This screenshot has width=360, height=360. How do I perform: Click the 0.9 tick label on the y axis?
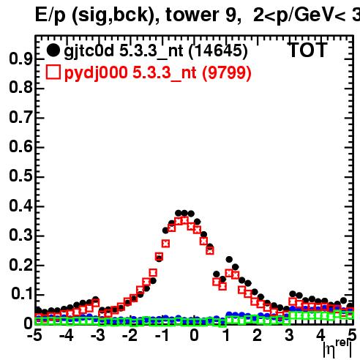(20, 59)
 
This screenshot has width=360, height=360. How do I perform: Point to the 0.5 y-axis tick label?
(20, 176)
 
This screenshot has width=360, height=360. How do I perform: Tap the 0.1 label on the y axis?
(22, 293)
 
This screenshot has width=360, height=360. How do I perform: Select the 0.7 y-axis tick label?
(20, 117)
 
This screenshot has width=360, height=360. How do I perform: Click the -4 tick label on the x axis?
(66, 335)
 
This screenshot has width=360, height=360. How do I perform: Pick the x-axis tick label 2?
(257, 335)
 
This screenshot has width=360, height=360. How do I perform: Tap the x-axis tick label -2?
(129, 335)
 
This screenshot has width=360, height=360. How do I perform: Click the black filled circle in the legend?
(53, 50)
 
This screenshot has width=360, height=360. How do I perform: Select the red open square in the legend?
(53, 72)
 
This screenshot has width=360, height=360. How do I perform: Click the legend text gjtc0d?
(89, 51)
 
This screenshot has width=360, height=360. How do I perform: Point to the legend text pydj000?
(96, 73)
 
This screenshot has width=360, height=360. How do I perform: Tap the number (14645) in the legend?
(218, 51)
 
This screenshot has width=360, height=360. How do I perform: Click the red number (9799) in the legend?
(227, 73)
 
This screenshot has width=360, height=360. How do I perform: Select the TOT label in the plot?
(308, 50)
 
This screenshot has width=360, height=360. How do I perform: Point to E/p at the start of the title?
(50, 15)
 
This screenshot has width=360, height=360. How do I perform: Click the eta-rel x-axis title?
(337, 349)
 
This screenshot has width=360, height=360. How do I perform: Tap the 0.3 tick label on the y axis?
(20, 235)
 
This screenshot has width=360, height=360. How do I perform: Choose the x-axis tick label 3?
(289, 335)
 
